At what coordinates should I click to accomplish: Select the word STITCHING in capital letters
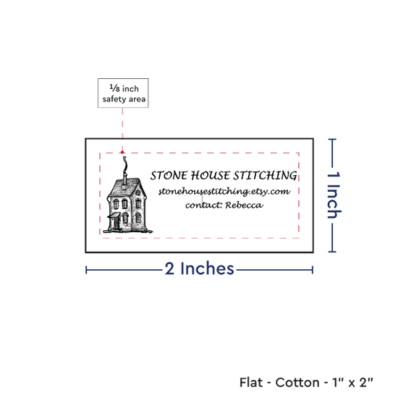[x=265, y=176]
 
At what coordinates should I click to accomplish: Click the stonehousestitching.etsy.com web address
[x=224, y=191]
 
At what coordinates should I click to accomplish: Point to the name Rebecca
[x=244, y=205]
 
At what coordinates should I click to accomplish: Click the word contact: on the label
[x=204, y=205]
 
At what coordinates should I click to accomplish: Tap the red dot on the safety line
[x=122, y=152]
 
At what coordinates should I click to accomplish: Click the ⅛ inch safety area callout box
[x=123, y=93]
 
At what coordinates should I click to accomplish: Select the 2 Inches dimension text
[x=199, y=268]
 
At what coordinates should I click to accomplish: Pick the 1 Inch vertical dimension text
[x=334, y=195]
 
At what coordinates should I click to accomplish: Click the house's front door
[x=117, y=224]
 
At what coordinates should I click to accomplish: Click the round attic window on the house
[x=138, y=193]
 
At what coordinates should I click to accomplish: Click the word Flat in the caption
[x=251, y=382]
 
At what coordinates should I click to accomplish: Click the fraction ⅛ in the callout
[x=114, y=88]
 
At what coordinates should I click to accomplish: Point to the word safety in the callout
[x=114, y=99]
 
